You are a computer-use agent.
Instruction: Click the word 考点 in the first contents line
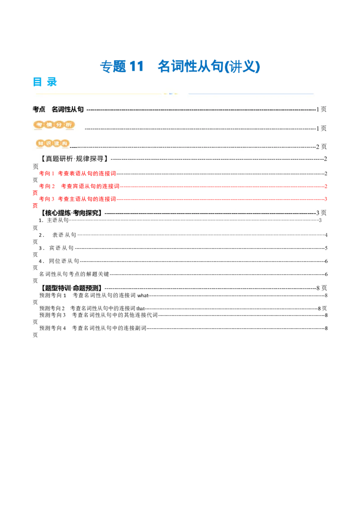click(39, 109)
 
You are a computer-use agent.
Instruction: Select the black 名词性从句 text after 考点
click(67, 109)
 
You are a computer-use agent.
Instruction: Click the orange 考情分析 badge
click(54, 125)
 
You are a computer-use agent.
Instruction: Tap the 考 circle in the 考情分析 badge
click(39, 125)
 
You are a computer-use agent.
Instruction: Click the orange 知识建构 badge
click(53, 143)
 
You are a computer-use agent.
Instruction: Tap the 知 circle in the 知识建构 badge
click(40, 143)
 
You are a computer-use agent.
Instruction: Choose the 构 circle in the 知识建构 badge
click(65, 143)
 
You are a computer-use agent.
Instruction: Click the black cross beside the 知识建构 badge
click(73, 147)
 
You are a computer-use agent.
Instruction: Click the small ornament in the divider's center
click(171, 94)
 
